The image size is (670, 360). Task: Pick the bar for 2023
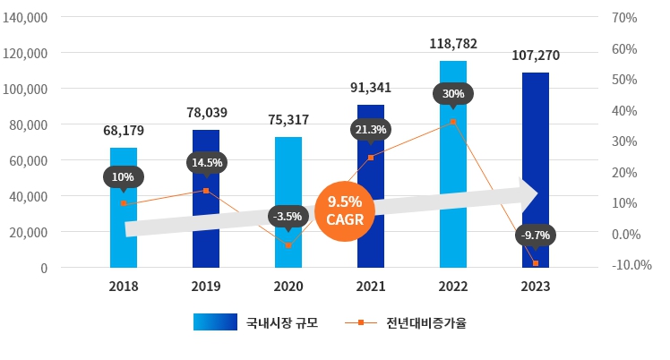point(535,161)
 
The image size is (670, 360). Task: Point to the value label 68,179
point(124,131)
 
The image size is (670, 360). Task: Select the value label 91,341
point(370,88)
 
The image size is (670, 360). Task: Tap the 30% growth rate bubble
point(453,93)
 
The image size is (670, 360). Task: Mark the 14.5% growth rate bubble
point(206,162)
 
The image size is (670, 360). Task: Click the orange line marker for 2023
point(536,263)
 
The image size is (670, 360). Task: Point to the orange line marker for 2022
point(453,122)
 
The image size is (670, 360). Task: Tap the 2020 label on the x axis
point(288,287)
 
